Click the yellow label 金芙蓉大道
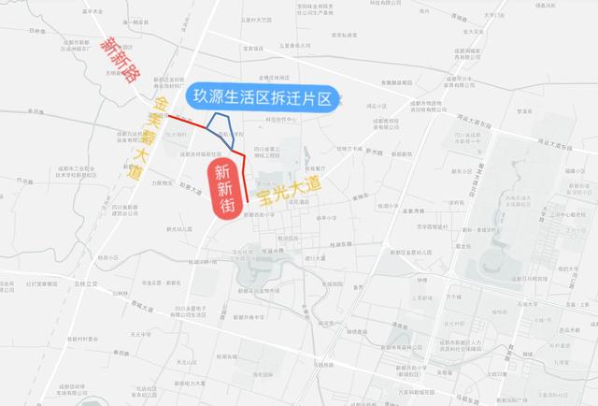(150, 132)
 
